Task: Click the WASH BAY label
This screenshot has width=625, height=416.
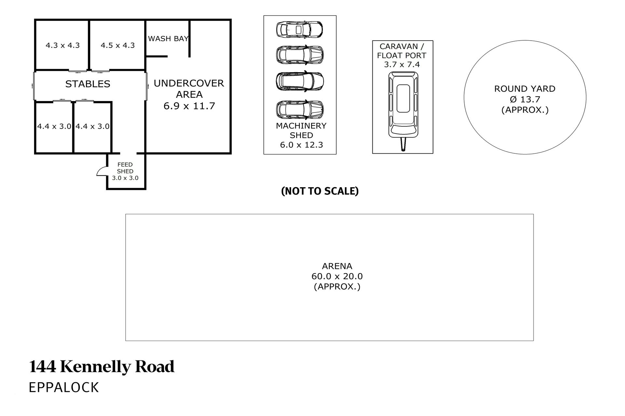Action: tap(168, 39)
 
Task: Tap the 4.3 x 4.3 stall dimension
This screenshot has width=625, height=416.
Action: tap(62, 45)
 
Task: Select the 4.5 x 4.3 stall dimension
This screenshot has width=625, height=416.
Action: tap(118, 45)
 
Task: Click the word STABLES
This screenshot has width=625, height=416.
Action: tap(88, 84)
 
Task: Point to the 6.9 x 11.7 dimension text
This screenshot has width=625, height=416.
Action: tap(189, 106)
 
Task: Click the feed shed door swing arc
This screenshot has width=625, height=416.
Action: tap(102, 171)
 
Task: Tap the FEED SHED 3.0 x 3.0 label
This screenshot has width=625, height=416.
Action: tap(125, 171)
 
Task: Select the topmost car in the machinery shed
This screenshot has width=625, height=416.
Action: tap(299, 29)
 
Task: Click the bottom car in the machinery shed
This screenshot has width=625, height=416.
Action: tap(300, 110)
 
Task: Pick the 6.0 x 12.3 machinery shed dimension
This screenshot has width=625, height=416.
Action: tap(301, 145)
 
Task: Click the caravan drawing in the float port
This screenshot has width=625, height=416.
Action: tap(403, 104)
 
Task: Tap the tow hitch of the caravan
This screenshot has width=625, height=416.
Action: tap(403, 145)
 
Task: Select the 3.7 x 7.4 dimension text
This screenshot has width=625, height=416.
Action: tap(402, 65)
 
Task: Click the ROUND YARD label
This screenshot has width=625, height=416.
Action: tap(525, 89)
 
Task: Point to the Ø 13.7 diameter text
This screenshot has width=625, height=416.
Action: tap(525, 99)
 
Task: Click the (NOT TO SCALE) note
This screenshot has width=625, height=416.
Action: tap(320, 191)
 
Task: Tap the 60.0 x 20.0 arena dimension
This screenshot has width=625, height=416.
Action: tap(337, 276)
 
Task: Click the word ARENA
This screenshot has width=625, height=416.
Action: tap(337, 266)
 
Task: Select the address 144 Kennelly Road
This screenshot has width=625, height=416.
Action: tap(102, 367)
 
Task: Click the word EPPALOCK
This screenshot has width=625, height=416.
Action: tap(64, 387)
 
